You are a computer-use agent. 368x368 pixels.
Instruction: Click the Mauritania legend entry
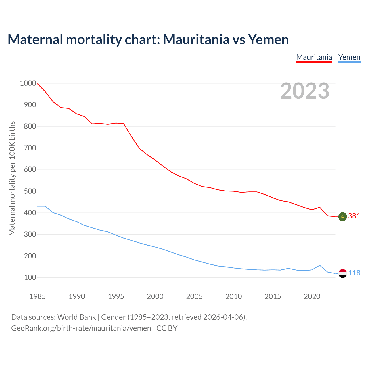[x=314, y=57]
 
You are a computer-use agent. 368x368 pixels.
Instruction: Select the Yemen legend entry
[x=349, y=57]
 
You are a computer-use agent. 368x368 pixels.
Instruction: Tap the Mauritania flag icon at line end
[x=342, y=216]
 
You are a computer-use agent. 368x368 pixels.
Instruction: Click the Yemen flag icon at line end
[x=342, y=273]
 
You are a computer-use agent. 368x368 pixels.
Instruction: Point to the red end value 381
[x=354, y=216]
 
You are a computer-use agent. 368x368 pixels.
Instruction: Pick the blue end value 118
[x=354, y=273]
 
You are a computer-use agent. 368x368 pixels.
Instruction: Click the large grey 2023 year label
[x=305, y=91]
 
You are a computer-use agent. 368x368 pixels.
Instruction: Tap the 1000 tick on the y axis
[x=28, y=83]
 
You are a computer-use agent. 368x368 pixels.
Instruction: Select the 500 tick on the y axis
[x=30, y=191]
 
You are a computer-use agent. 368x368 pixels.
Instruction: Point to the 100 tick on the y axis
[x=30, y=278]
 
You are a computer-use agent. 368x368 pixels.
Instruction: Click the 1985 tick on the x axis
[x=37, y=296]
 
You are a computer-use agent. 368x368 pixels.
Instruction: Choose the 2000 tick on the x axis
[x=155, y=296]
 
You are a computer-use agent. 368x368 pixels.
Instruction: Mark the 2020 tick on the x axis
[x=312, y=296]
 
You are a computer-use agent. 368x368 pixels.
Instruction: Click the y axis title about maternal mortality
[x=12, y=178]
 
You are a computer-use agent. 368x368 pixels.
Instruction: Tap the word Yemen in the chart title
[x=268, y=39]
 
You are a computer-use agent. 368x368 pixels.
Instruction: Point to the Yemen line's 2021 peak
[x=320, y=265]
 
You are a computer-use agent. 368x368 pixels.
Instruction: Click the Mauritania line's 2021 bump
[x=320, y=207]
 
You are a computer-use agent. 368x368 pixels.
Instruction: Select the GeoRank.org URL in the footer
[x=81, y=328]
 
